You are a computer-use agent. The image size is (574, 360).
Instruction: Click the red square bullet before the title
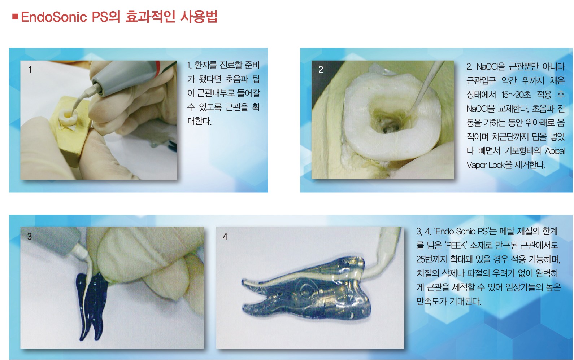click(x=15, y=17)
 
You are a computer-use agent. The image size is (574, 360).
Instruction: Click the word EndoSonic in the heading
click(x=54, y=17)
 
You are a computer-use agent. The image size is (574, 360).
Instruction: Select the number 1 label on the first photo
click(x=30, y=69)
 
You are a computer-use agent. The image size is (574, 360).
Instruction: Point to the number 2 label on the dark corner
click(x=321, y=69)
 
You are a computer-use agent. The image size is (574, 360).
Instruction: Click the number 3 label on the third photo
click(x=30, y=236)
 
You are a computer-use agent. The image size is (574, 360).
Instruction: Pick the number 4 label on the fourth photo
click(x=225, y=236)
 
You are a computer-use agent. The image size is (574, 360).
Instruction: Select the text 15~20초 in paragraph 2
click(x=516, y=95)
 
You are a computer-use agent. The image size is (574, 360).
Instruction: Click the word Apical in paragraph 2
click(x=555, y=151)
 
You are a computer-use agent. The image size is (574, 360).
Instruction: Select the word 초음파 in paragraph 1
click(x=237, y=79)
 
